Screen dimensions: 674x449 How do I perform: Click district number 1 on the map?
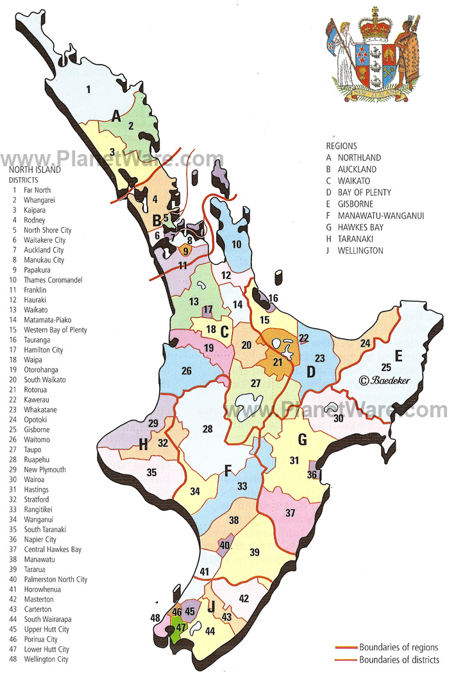[x=89, y=89]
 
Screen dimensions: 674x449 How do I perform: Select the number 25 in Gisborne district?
[x=385, y=367]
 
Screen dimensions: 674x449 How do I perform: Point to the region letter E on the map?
[x=398, y=356]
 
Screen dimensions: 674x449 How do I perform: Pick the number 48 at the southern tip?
[x=155, y=618]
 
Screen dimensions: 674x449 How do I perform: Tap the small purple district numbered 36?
[x=312, y=475]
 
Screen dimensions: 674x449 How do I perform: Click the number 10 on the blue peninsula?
[x=236, y=244]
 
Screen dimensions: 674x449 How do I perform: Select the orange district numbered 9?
[x=186, y=251]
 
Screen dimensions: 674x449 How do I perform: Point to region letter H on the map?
[x=144, y=444]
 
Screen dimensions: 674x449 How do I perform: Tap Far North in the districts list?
[x=37, y=190]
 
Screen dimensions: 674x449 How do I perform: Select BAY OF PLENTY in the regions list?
[x=364, y=193]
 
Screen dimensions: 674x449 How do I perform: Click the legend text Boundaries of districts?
[x=398, y=660]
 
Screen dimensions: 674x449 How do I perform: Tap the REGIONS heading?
[x=341, y=146]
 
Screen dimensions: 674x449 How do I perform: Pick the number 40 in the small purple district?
[x=224, y=545]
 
